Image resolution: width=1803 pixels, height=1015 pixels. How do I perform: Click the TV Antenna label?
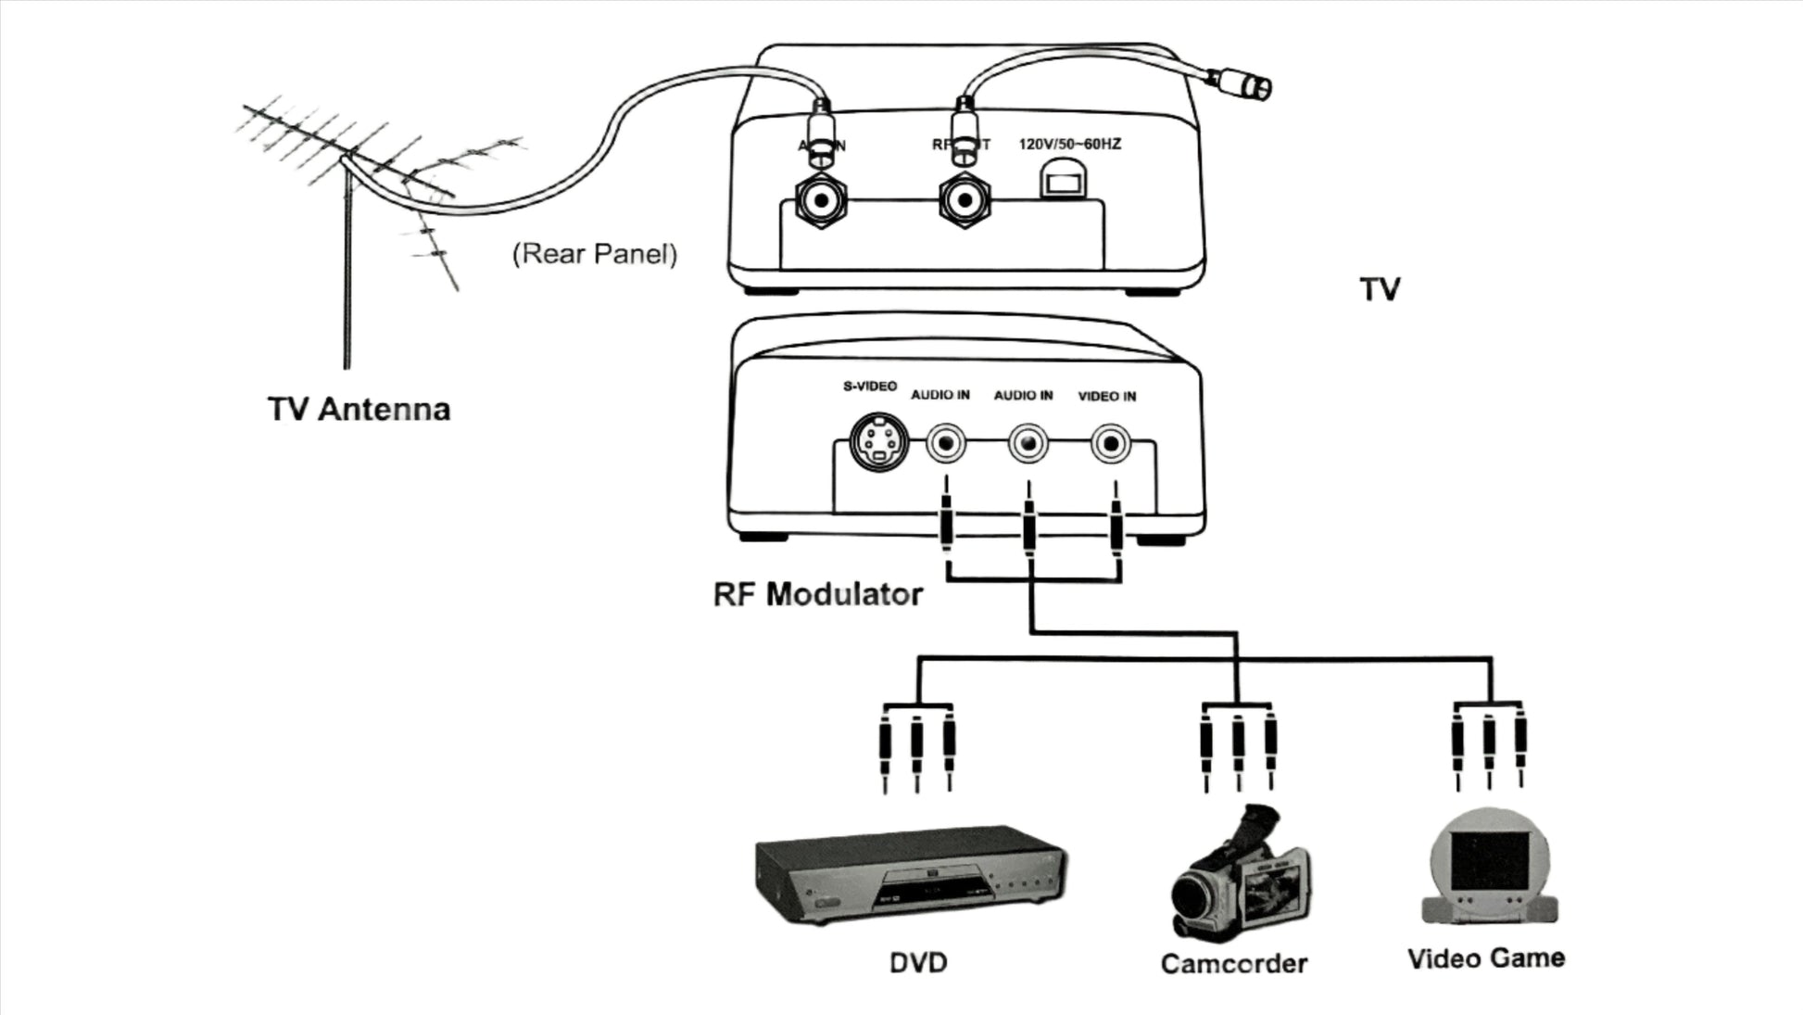pos(359,409)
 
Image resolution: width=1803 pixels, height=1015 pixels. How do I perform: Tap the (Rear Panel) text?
pos(595,254)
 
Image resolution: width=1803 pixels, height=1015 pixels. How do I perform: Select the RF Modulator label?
pos(817,593)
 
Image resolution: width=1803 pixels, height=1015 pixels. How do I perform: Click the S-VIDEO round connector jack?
pos(877,443)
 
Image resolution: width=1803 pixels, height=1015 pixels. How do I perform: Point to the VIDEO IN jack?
pos(1110,444)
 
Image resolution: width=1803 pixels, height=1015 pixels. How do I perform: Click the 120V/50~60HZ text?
pos(1069,145)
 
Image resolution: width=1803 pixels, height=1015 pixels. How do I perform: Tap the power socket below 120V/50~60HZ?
pos(1058,179)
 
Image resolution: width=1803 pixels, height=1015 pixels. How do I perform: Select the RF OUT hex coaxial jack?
pos(965,200)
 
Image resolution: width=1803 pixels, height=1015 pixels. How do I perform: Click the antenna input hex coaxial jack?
pos(821,200)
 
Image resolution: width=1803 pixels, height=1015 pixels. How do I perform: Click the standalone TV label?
pos(1380,289)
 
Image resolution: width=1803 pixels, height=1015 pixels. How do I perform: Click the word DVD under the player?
pos(918,962)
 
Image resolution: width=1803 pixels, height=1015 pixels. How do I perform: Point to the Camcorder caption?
pos(1233,963)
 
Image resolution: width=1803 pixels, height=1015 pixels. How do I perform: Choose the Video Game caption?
pos(1485,958)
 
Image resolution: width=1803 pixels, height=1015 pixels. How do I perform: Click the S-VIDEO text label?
pos(869,386)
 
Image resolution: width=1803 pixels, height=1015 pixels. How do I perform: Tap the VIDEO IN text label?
pos(1106,396)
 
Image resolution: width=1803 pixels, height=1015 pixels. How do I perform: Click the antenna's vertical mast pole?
pos(347,278)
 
